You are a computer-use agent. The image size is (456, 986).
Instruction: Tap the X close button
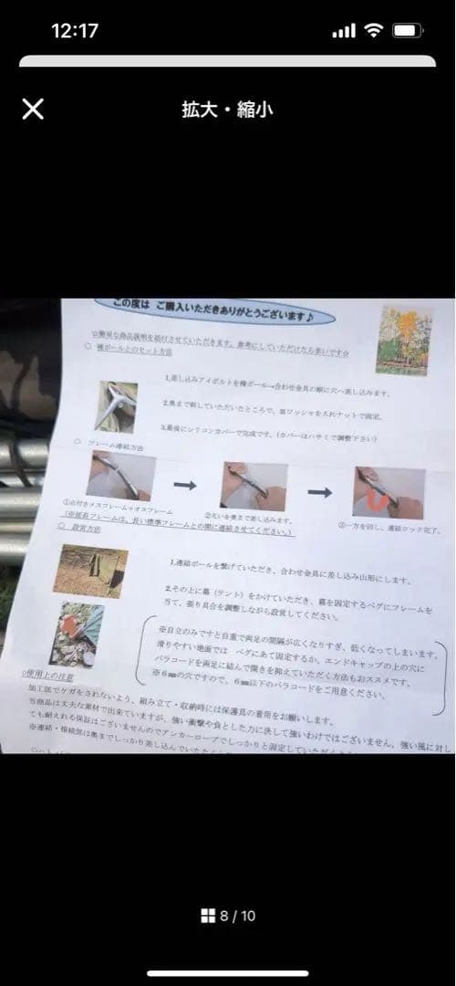33,110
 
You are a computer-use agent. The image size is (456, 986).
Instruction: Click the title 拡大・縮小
227,110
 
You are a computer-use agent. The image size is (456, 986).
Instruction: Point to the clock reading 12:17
75,30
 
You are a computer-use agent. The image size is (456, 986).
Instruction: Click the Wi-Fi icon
372,30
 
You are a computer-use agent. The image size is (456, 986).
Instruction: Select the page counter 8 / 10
237,916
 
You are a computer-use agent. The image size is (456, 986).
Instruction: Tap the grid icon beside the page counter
208,916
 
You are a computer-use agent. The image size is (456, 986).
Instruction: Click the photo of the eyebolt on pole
119,405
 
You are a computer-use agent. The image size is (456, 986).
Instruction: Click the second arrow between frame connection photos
319,492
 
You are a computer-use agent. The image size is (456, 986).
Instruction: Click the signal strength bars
344,30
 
